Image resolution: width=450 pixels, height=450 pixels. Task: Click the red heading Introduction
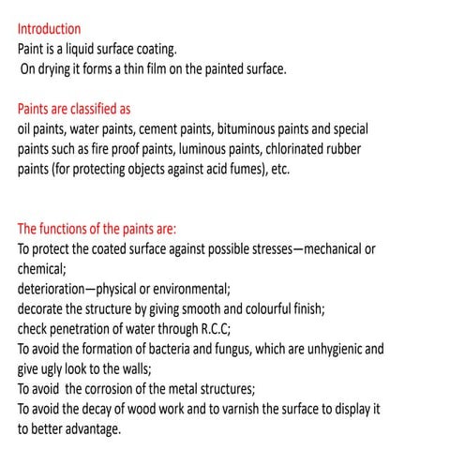tap(49, 29)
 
